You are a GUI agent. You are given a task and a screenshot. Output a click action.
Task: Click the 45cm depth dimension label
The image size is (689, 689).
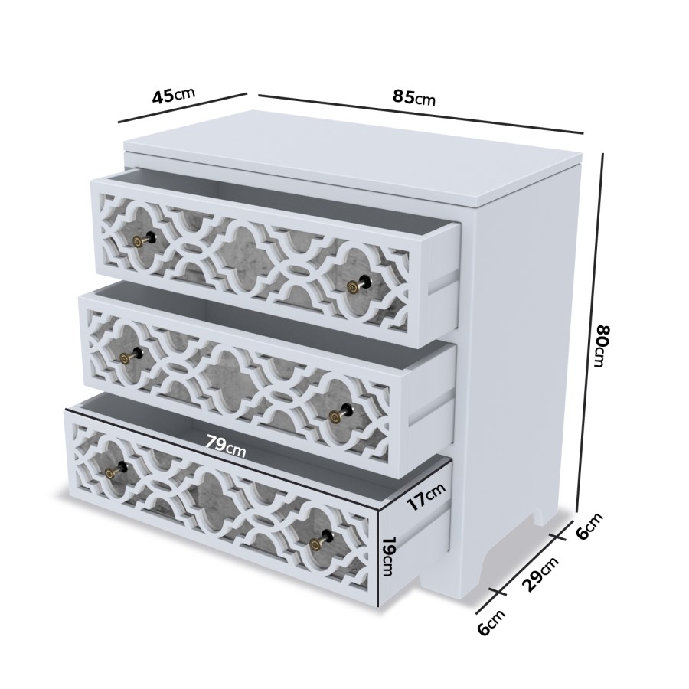point(174,96)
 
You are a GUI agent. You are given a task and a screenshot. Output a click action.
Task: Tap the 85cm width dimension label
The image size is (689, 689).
point(414,97)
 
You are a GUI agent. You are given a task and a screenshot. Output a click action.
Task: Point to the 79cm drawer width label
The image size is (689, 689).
point(225,446)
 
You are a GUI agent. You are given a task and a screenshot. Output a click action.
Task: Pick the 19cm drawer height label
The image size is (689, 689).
point(388,558)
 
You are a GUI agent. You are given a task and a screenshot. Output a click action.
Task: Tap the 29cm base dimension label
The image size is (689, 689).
point(540,574)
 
